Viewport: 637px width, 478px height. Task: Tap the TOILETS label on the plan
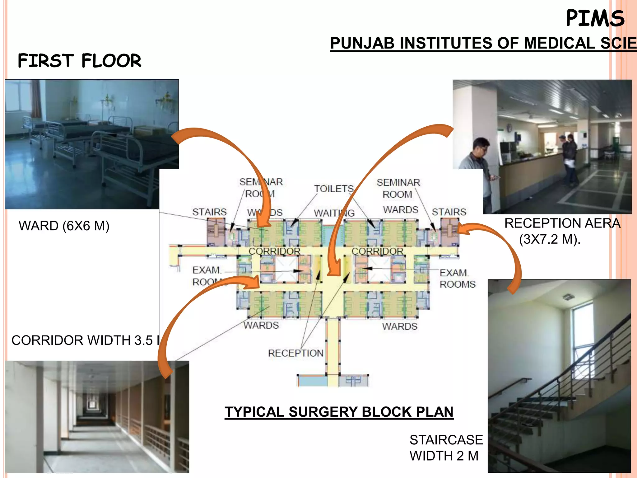point(334,189)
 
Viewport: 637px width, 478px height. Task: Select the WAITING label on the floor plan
point(334,213)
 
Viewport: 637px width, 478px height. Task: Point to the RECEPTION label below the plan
point(295,353)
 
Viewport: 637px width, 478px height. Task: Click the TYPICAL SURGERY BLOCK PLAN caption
point(339,412)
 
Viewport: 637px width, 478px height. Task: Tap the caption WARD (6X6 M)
point(64,226)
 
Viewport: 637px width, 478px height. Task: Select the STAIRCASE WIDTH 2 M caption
point(446,448)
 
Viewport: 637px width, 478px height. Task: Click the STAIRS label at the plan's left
point(209,212)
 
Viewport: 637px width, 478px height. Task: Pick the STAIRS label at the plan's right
point(449,212)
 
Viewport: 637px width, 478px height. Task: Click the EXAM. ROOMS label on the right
point(457,279)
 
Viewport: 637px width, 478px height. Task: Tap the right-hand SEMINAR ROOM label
point(398,188)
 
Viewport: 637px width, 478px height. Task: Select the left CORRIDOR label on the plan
point(274,251)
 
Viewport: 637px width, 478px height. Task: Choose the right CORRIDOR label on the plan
point(377,251)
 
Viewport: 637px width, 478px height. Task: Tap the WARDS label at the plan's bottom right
point(400,326)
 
